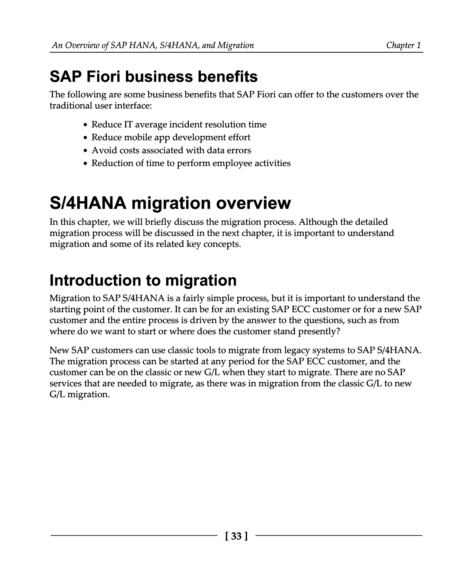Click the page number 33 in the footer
[236, 536]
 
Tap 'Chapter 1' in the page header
[403, 45]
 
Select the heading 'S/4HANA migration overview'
[170, 203]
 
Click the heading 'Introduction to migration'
[143, 280]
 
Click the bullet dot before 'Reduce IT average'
[85, 125]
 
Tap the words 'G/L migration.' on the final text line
[79, 395]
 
